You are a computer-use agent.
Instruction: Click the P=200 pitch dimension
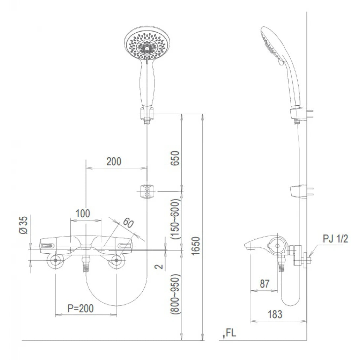pos(81,308)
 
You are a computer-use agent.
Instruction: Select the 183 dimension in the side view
pos(275,314)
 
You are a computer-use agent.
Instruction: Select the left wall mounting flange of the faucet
pos(55,261)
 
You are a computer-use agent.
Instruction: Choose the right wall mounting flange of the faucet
pos(116,261)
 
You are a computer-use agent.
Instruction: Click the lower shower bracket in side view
pos(299,192)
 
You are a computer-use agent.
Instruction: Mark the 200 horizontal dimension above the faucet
pos(114,161)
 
